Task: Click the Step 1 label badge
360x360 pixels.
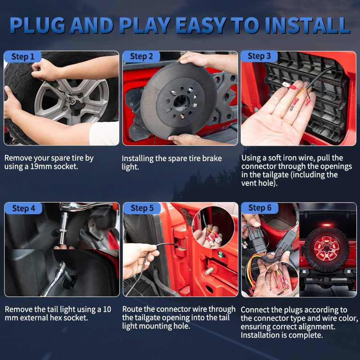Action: (x=23, y=57)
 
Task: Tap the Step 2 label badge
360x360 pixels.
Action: (x=141, y=57)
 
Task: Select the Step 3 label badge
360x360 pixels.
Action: (x=259, y=56)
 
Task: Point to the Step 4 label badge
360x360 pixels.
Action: (x=23, y=208)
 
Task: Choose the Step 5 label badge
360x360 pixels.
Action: (x=142, y=208)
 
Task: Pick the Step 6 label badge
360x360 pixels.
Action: (x=260, y=208)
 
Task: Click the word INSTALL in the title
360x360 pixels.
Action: (x=308, y=26)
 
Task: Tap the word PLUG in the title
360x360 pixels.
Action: (x=37, y=26)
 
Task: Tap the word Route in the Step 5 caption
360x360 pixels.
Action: (x=132, y=309)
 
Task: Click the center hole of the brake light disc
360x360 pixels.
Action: (x=181, y=103)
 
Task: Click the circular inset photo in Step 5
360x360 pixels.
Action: (x=213, y=227)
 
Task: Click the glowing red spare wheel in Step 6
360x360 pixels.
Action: (x=327, y=248)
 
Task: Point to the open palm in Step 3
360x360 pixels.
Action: (x=278, y=115)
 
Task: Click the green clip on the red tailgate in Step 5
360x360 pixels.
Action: (x=220, y=254)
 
